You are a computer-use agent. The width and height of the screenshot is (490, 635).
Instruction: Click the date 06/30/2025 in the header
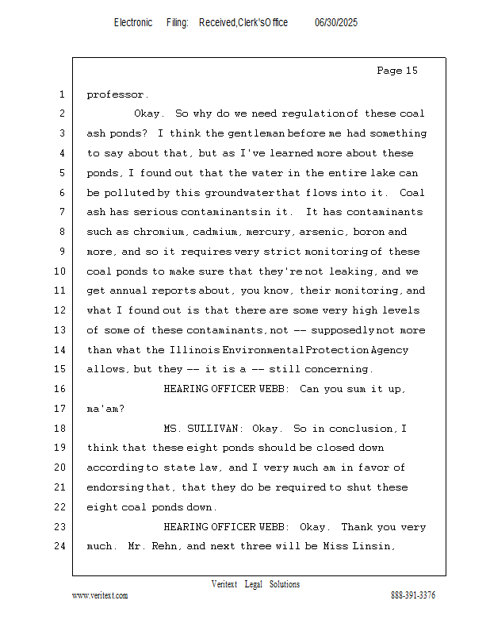[336, 23]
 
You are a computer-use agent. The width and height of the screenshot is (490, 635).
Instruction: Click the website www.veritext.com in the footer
[100, 595]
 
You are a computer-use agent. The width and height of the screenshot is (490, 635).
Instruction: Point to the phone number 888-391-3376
[413, 595]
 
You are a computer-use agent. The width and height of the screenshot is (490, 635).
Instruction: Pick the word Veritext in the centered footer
[224, 584]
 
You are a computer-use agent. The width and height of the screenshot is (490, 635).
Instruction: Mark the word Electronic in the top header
[133, 23]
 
